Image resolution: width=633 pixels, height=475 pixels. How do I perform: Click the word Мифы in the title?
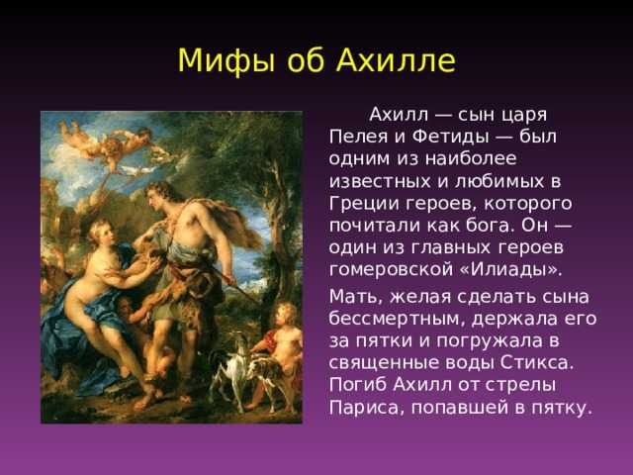225,61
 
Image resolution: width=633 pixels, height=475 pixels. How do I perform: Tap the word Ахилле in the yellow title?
397,60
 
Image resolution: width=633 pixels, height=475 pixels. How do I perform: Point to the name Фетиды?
450,138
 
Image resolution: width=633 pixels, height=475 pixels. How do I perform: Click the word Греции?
364,204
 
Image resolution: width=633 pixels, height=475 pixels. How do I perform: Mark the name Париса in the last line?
367,407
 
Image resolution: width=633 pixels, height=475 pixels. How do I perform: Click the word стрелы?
520,385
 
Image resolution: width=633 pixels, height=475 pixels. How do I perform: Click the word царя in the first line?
524,116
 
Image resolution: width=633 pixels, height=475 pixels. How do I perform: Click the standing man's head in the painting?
158,196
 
